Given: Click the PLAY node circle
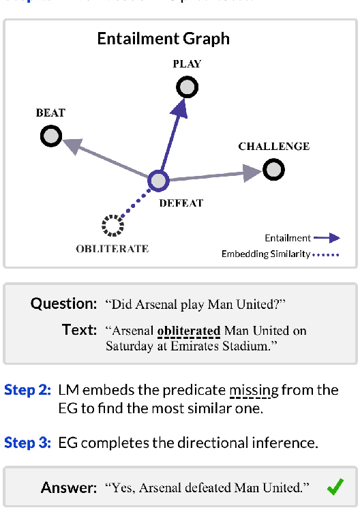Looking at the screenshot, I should coord(187,87).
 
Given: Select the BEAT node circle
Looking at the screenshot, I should coord(51,137).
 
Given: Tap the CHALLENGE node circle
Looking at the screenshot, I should coord(273,169).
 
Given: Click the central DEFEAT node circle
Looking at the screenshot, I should coord(158,181).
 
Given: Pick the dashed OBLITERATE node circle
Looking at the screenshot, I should coord(111,225).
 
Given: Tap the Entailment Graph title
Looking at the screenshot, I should coord(164,38).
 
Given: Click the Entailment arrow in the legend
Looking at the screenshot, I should coord(327,238).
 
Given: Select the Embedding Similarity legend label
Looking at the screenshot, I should coord(265,254).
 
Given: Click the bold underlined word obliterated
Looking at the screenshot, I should coord(189,331).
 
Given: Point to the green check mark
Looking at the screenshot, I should coord(335,487).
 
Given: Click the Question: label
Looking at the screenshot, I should coord(64,303).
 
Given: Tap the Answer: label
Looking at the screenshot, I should coord(69,487).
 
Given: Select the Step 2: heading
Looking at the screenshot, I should coord(27,390).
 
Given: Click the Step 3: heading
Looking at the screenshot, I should coord(27,442).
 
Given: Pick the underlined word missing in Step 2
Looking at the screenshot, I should coord(254,391).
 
